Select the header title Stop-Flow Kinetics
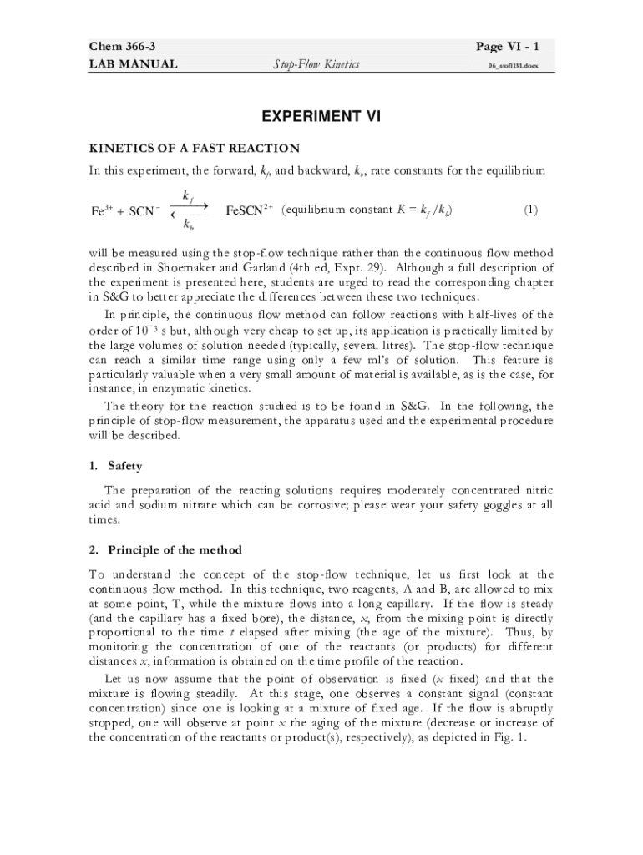coord(316,63)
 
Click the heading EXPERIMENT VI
coord(321,117)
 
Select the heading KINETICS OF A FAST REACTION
coord(194,149)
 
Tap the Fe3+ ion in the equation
coord(103,211)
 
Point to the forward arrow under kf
coord(189,205)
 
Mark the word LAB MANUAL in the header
coord(133,63)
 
